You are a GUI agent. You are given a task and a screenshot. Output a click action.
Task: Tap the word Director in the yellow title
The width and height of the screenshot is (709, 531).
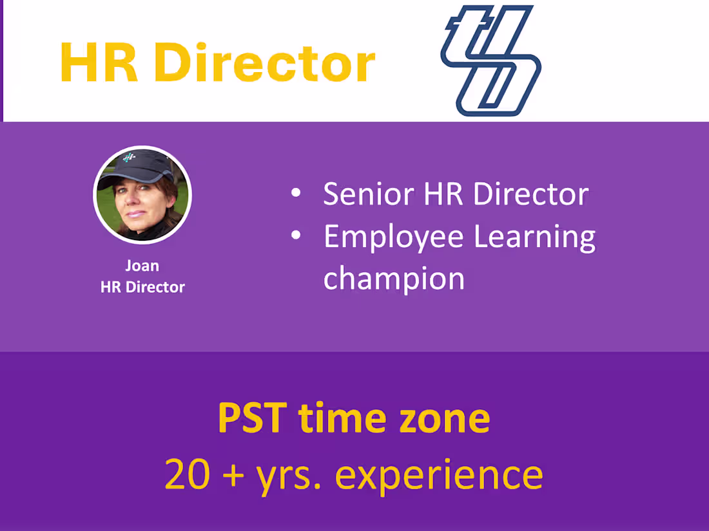click(x=264, y=62)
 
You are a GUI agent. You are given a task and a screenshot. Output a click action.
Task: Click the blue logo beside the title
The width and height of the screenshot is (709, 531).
click(x=490, y=61)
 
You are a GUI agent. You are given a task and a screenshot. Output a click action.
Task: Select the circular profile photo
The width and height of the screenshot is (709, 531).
click(x=142, y=194)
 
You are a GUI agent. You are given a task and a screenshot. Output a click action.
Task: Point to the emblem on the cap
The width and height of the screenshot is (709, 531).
click(x=130, y=157)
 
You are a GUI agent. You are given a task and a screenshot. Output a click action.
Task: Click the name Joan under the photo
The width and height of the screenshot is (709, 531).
click(x=142, y=265)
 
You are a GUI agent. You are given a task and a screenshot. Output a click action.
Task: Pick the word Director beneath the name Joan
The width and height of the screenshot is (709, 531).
click(x=155, y=287)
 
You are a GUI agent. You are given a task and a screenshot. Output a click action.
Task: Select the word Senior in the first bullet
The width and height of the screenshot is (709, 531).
click(x=369, y=194)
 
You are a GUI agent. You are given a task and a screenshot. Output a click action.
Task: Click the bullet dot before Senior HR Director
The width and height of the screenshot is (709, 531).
click(x=296, y=194)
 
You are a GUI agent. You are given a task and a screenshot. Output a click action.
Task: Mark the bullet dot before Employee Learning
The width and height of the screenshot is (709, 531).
click(x=296, y=236)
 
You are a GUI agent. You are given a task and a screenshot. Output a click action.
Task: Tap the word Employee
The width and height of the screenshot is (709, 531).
click(x=393, y=238)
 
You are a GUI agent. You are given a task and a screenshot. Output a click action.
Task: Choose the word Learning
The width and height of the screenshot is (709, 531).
click(x=534, y=238)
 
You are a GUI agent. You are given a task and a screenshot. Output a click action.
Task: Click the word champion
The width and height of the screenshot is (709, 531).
click(x=394, y=279)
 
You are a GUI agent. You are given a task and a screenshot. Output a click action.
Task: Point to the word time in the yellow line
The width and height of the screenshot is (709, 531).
click(x=338, y=418)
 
